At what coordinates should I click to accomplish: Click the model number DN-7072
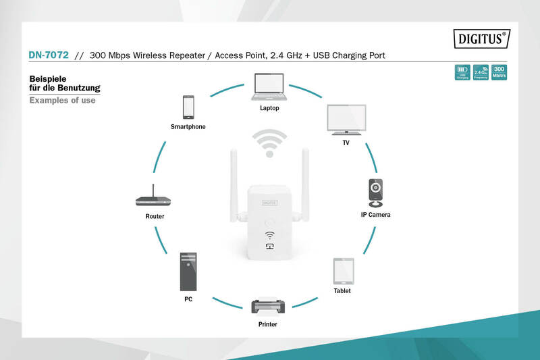pyautogui.click(x=49, y=55)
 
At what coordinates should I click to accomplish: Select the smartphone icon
pyautogui.click(x=188, y=107)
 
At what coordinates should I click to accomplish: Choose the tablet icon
pyautogui.click(x=342, y=272)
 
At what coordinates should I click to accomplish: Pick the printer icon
pyautogui.click(x=268, y=307)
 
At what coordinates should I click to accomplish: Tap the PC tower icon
pyautogui.click(x=188, y=272)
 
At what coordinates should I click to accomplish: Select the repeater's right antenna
pyautogui.click(x=305, y=182)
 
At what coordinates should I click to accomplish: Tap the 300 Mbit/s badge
pyautogui.click(x=499, y=73)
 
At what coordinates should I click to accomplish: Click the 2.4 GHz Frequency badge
pyautogui.click(x=481, y=73)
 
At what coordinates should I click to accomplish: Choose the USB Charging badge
pyautogui.click(x=462, y=73)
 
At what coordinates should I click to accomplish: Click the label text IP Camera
pyautogui.click(x=375, y=214)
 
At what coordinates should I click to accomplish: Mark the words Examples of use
pyautogui.click(x=62, y=100)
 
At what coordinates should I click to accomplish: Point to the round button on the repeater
pyautogui.click(x=269, y=222)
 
